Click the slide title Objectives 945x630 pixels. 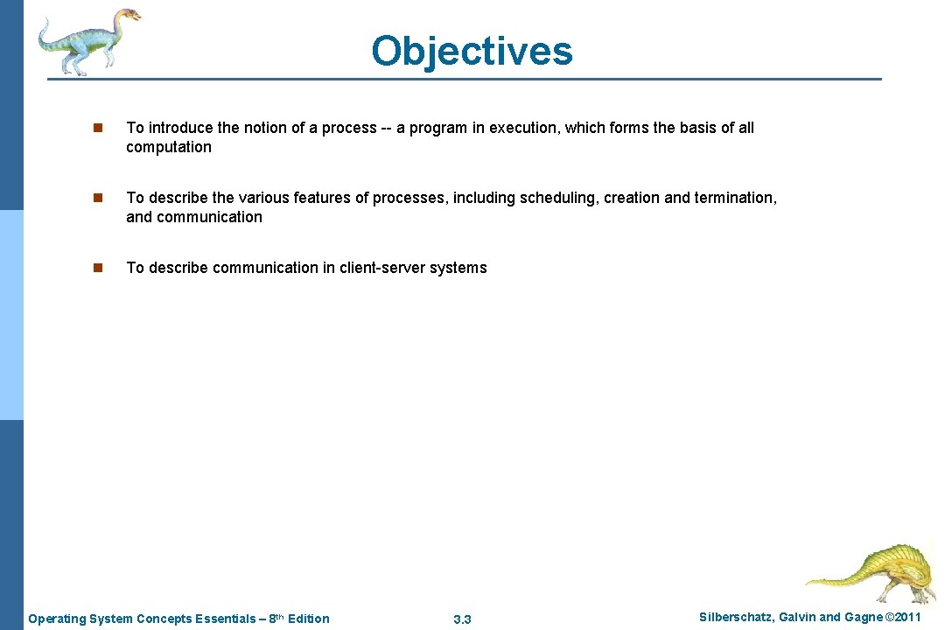tap(472, 51)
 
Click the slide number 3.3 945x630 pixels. tap(462, 619)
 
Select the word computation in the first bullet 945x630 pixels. tap(169, 147)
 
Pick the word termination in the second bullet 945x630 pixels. tap(733, 198)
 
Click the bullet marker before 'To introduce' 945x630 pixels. tap(99, 128)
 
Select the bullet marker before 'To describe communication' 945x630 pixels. tap(99, 268)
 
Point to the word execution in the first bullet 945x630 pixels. tap(522, 128)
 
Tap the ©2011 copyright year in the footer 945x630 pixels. tap(902, 618)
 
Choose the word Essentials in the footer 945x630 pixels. tap(225, 619)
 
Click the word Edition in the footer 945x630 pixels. tap(308, 619)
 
